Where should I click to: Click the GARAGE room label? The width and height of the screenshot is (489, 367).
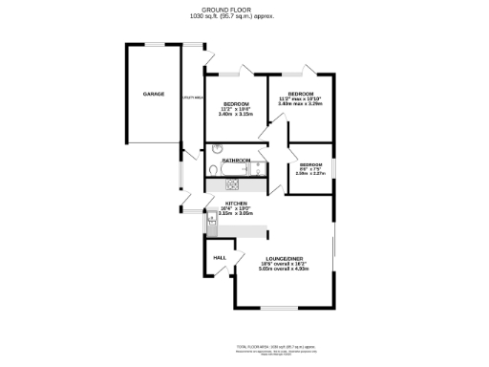click(x=153, y=94)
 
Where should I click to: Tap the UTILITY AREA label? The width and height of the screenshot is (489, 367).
click(x=189, y=95)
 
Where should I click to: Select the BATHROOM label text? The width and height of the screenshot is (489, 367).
click(x=236, y=160)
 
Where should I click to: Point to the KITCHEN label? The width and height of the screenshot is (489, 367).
click(x=236, y=204)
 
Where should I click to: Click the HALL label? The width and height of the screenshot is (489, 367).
click(x=219, y=258)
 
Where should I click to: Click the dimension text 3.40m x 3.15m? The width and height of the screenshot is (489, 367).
click(x=236, y=115)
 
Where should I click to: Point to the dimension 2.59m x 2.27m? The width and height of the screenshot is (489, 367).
click(x=311, y=174)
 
